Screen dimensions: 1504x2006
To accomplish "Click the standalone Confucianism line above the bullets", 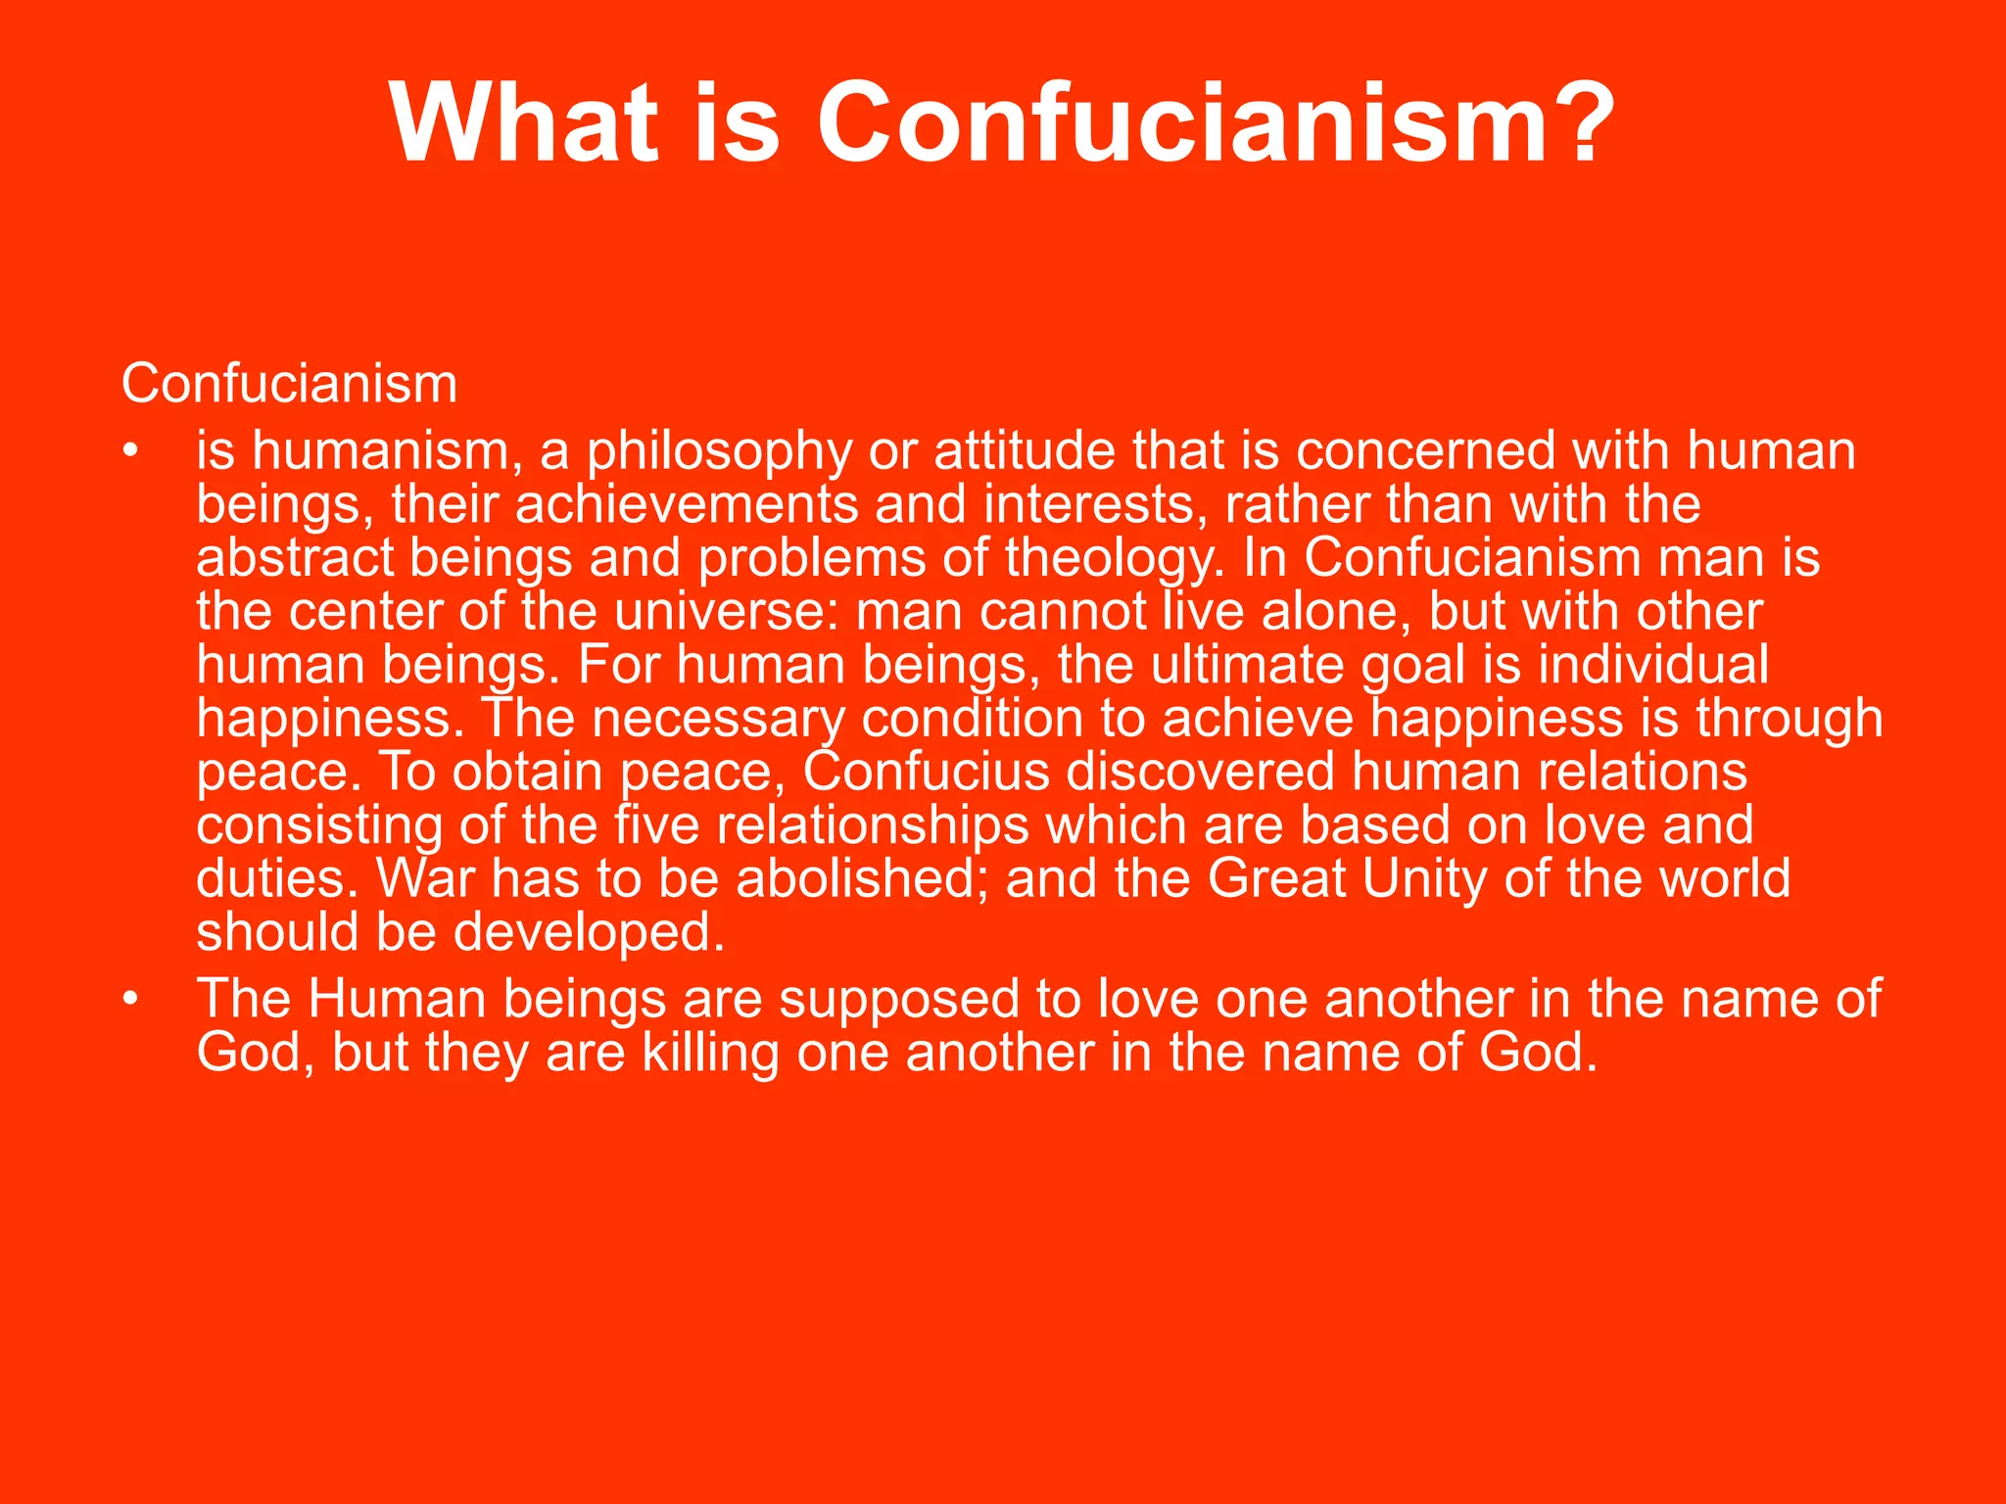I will point(289,383).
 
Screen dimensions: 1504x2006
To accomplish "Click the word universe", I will point(727,612).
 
